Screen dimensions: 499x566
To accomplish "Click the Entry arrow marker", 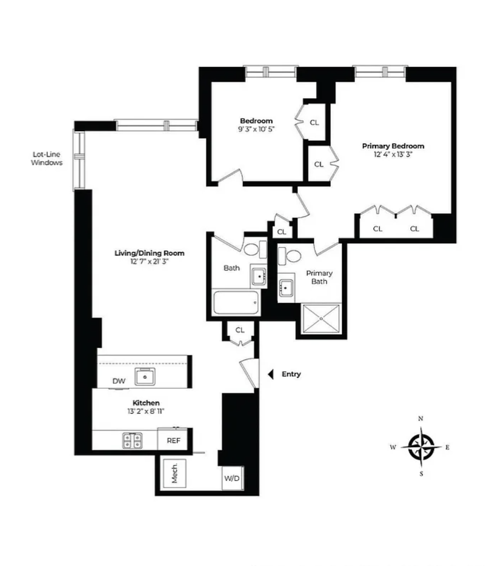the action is click(x=271, y=374).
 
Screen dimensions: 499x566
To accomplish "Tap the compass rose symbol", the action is click(x=421, y=447).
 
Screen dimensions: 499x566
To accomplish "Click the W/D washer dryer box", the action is click(x=232, y=478).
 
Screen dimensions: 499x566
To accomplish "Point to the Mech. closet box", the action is click(x=175, y=473).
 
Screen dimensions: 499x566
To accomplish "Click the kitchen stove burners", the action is click(x=132, y=440).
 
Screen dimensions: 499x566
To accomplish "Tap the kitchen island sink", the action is click(x=145, y=376).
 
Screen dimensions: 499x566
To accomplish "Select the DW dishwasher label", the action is click(x=119, y=381).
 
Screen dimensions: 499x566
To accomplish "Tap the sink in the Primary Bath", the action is click(x=286, y=288).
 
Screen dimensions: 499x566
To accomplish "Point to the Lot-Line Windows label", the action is click(x=47, y=158).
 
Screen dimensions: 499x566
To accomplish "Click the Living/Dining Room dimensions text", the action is click(x=149, y=261).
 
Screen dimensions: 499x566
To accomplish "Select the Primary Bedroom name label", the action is click(x=393, y=146).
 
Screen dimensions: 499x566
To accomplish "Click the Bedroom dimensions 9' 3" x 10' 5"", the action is click(x=256, y=129).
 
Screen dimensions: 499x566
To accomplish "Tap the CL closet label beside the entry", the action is click(x=240, y=330).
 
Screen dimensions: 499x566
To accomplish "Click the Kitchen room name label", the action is click(x=146, y=403).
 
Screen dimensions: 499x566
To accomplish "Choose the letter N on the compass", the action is click(x=421, y=419).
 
